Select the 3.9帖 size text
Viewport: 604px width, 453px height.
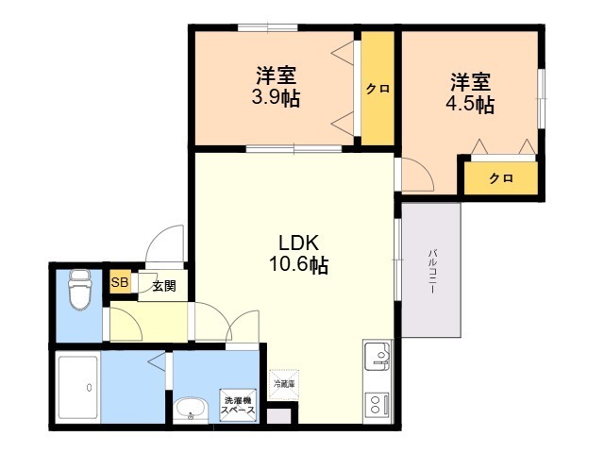(276, 98)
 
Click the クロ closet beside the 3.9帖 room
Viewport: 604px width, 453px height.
(378, 89)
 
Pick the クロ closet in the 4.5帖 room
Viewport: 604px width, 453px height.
(500, 178)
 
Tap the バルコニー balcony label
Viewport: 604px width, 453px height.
(431, 273)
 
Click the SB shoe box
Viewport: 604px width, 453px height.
(120, 282)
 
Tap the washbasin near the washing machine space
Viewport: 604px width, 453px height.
(192, 410)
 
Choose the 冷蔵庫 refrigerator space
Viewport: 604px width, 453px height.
(283, 383)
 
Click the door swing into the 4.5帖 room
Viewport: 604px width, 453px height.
(416, 176)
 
